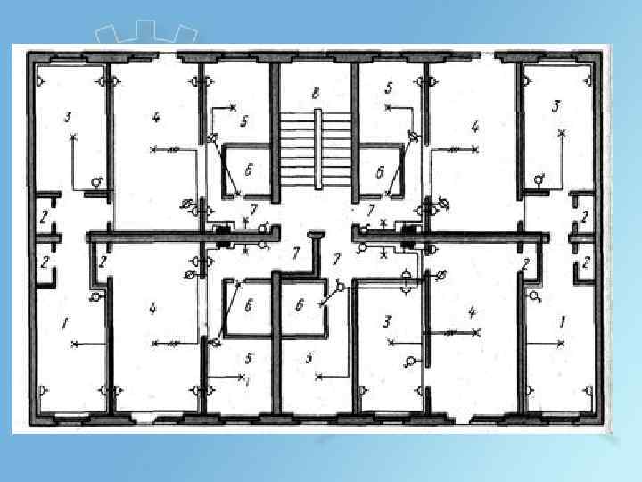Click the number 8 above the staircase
click(x=315, y=93)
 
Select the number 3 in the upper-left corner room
click(x=67, y=116)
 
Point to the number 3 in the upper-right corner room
click(x=556, y=106)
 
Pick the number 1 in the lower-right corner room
click(x=562, y=320)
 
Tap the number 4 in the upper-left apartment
click(x=156, y=117)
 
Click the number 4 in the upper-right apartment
click(x=474, y=127)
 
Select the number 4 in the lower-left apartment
click(x=153, y=309)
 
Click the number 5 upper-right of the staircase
click(x=389, y=87)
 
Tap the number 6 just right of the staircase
click(x=380, y=171)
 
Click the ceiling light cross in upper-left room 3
click(x=73, y=137)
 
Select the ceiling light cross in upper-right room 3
click(x=561, y=134)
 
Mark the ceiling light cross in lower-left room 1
click(x=75, y=343)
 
